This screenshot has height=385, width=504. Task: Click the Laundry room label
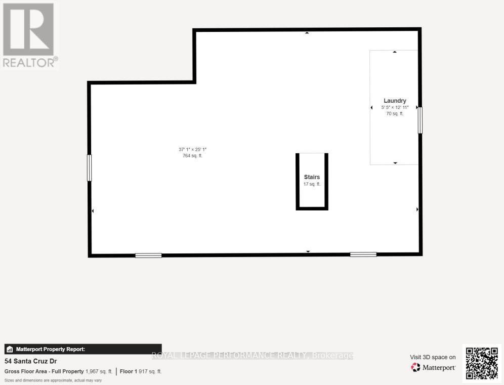[x=395, y=101]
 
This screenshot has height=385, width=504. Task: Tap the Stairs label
[x=312, y=177]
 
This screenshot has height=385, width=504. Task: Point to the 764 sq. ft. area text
[x=193, y=156]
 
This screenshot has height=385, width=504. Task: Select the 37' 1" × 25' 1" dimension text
[x=193, y=149]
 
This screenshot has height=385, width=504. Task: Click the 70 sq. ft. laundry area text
[x=395, y=114]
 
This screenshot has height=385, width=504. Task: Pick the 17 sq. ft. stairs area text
[x=312, y=184]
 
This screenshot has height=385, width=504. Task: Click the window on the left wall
[x=90, y=167]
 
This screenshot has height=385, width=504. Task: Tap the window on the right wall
[x=420, y=120]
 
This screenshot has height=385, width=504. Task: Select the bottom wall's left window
[x=148, y=255]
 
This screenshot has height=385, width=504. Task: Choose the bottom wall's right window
[x=363, y=254]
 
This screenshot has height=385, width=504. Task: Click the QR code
[x=481, y=363]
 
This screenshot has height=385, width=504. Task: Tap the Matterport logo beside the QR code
[x=433, y=367]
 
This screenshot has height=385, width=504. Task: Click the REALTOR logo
[x=29, y=34]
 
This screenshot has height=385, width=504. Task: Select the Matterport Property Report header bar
[x=83, y=349]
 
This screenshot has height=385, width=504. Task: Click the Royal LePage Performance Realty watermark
[x=252, y=356]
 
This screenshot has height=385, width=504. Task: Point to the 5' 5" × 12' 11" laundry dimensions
[x=395, y=107]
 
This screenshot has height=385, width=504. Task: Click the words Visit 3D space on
[x=433, y=357]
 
